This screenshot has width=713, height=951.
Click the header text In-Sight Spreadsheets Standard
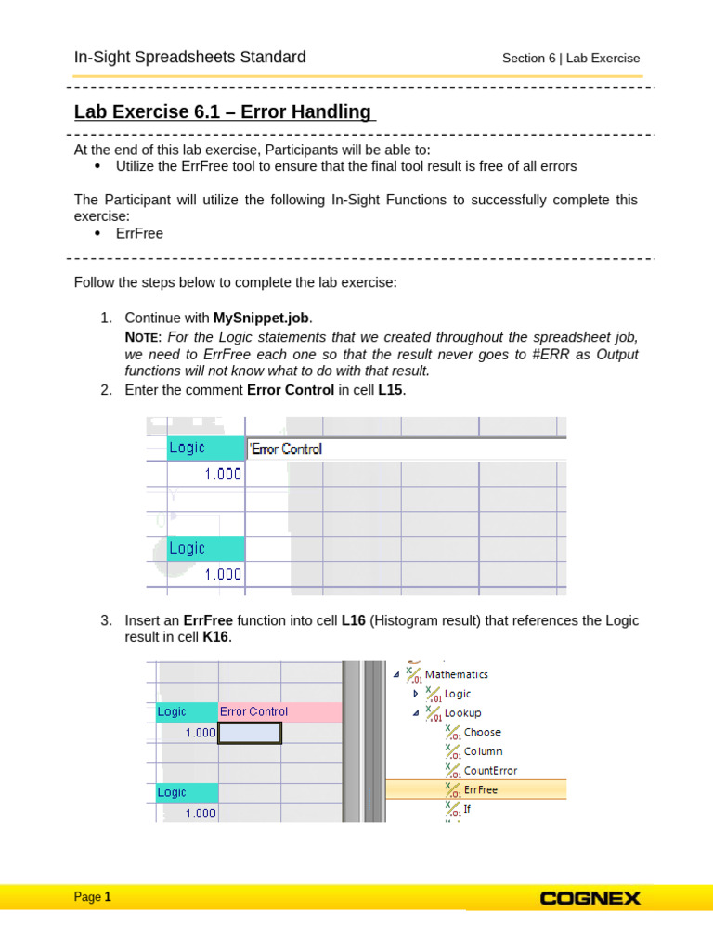pyautogui.click(x=189, y=58)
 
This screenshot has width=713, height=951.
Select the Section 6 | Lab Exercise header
pyautogui.click(x=571, y=59)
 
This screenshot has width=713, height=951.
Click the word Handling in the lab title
pyautogui.click(x=332, y=112)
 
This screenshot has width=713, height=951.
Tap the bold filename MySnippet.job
pyautogui.click(x=268, y=318)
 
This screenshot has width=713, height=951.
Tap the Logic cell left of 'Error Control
pyautogui.click(x=205, y=448)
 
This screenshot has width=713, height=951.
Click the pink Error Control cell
pyautogui.click(x=279, y=711)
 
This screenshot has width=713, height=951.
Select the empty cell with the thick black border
pyautogui.click(x=250, y=733)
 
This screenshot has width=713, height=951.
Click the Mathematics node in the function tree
pyautogui.click(x=456, y=674)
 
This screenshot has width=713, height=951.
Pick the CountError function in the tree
pyautogui.click(x=490, y=770)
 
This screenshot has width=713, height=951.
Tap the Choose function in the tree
pyautogui.click(x=482, y=732)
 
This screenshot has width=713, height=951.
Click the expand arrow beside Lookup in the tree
pyautogui.click(x=415, y=712)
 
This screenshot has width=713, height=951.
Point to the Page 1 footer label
pyautogui.click(x=93, y=897)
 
